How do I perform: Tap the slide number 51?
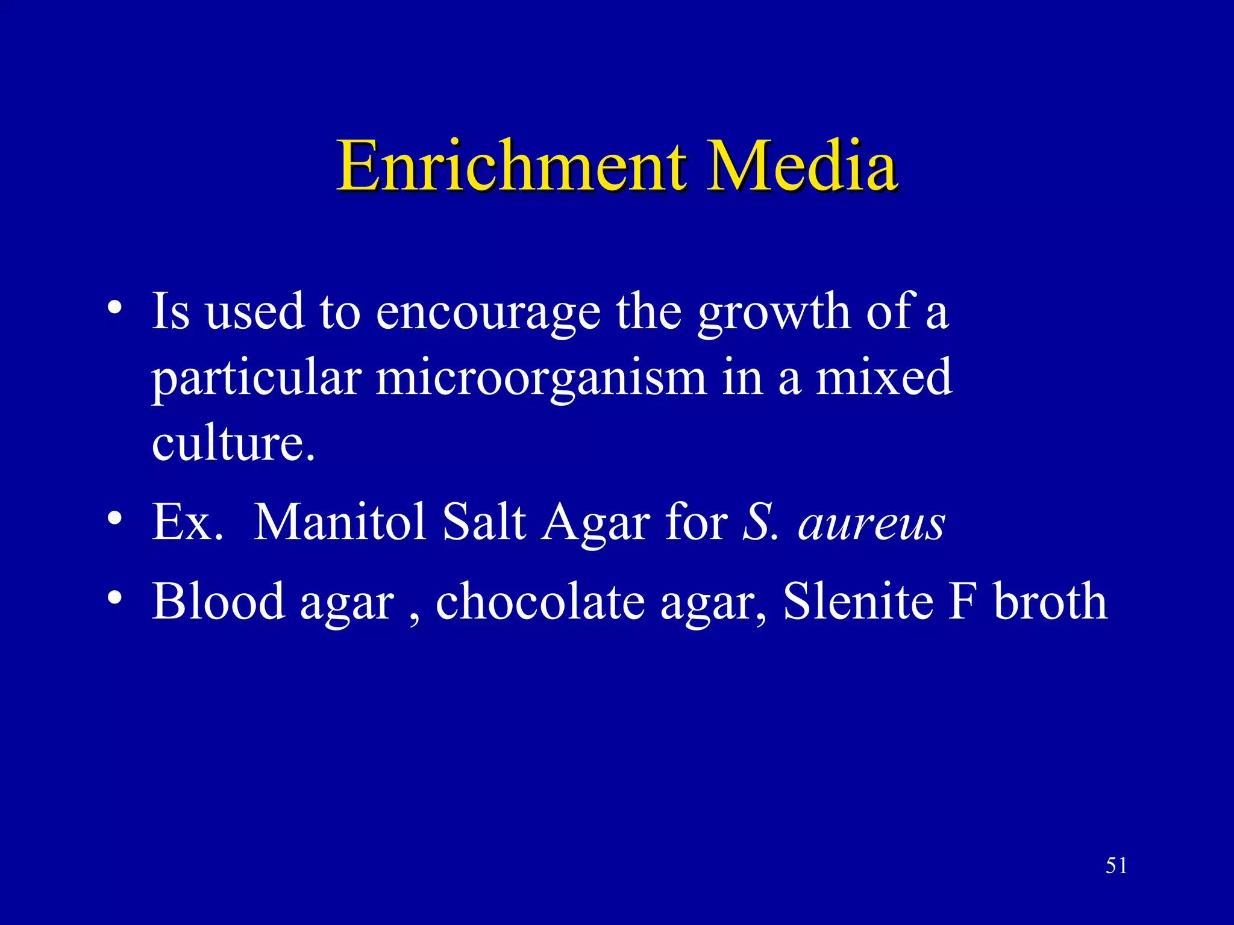click(x=1116, y=865)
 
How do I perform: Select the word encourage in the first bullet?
click(x=488, y=313)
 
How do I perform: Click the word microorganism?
click(x=540, y=378)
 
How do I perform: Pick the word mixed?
click(x=884, y=378)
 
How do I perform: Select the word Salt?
click(x=484, y=522)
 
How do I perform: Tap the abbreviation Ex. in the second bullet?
click(x=187, y=522)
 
